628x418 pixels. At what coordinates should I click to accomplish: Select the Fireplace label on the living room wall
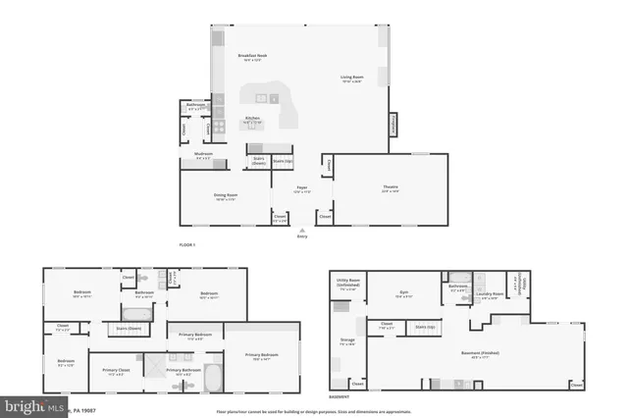tap(394, 126)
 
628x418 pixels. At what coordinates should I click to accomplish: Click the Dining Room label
tap(227, 195)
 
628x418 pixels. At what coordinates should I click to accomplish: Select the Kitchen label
tap(252, 119)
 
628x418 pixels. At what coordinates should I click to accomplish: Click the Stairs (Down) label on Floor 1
tap(258, 161)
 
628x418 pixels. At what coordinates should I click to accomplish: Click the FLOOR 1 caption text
tap(187, 243)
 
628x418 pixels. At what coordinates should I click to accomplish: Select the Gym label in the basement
tap(403, 292)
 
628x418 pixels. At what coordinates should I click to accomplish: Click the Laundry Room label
tap(492, 293)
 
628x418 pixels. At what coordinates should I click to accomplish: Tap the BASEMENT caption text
tap(338, 397)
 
